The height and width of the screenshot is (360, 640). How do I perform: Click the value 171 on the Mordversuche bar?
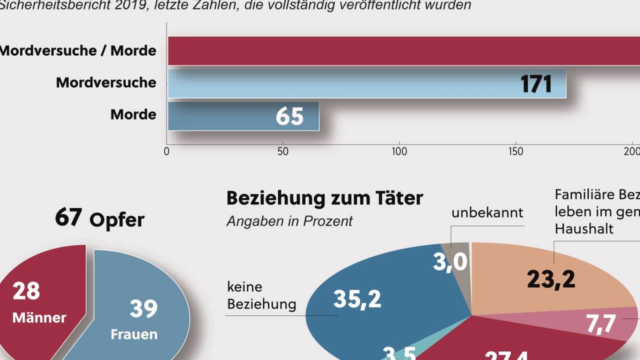pyautogui.click(x=536, y=84)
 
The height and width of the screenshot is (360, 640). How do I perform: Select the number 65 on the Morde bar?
pyautogui.click(x=289, y=116)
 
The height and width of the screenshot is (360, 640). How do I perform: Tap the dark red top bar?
pyautogui.click(x=400, y=51)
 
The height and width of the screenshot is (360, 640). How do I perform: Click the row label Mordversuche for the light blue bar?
pyautogui.click(x=106, y=82)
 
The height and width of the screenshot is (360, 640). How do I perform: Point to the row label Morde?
pyautogui.click(x=133, y=114)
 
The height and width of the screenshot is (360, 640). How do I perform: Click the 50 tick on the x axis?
pyautogui.click(x=283, y=151)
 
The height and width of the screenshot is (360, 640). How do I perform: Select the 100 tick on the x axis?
pyautogui.click(x=399, y=151)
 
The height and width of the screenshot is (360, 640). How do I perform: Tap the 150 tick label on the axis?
pyautogui.click(x=515, y=151)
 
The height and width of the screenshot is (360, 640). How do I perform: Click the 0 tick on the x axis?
pyautogui.click(x=167, y=151)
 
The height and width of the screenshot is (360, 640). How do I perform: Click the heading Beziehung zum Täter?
pyautogui.click(x=324, y=198)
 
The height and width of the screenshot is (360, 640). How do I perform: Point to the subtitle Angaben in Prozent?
pyautogui.click(x=289, y=221)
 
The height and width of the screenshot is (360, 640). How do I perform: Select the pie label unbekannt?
pyautogui.click(x=487, y=212)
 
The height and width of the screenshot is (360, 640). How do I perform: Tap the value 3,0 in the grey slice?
pyautogui.click(x=450, y=262)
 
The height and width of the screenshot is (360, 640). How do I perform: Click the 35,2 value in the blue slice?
pyautogui.click(x=357, y=299)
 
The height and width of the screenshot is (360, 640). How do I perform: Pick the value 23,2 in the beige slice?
pyautogui.click(x=551, y=279)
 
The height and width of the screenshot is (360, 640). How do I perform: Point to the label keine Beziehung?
pyautogui.click(x=261, y=295)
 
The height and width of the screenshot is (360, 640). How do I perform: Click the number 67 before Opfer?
pyautogui.click(x=68, y=218)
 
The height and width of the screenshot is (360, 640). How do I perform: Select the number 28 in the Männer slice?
pyautogui.click(x=26, y=291)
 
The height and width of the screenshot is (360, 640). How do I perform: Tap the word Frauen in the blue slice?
pyautogui.click(x=134, y=334)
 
